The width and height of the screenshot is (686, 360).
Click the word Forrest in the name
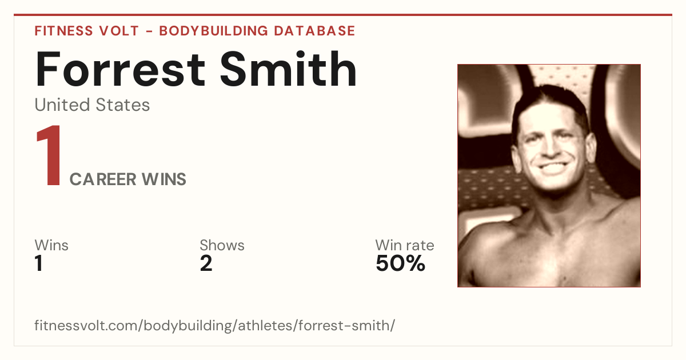tap(120, 69)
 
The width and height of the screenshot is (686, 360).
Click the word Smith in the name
tap(289, 69)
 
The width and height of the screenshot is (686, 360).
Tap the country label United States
tap(92, 105)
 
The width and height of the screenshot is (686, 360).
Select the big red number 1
tap(49, 155)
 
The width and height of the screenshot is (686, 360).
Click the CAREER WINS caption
tap(127, 179)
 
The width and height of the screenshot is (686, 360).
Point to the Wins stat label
tap(51, 245)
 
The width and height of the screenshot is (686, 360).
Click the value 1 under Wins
tap(39, 263)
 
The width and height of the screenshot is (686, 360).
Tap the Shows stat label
tap(222, 245)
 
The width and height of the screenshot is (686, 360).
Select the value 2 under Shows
tap(206, 263)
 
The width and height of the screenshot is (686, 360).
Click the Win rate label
tap(405, 245)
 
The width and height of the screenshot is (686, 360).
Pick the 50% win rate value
tap(400, 263)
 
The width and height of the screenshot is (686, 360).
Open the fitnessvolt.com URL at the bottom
tap(215, 325)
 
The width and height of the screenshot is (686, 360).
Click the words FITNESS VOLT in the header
tap(87, 31)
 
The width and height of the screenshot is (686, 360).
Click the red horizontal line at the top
tap(343, 15)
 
